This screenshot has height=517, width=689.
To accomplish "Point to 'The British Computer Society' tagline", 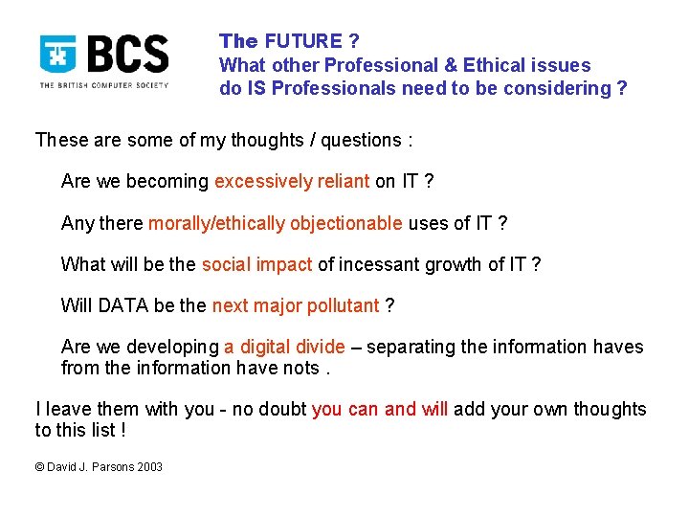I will tap(103, 85).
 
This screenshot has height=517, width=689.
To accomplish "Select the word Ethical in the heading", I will tap(495, 65).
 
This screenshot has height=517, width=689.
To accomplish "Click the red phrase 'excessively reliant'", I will tap(292, 181).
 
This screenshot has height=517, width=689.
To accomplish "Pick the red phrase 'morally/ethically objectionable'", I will tap(275, 223).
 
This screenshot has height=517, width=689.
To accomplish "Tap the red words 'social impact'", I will tap(256, 264).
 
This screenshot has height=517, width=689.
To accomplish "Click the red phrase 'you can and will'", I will tap(379, 409).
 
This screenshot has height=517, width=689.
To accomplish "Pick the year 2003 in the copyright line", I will tap(148, 467).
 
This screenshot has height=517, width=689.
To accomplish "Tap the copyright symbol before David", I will tap(40, 467).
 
